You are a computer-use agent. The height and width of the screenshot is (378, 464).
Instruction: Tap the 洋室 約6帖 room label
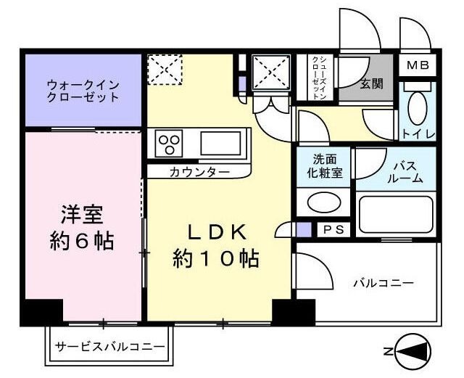pyautogui.click(x=81, y=227)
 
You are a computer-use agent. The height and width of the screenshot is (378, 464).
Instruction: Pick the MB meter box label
pyautogui.click(x=417, y=66)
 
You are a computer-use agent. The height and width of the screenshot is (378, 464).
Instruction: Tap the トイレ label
pyautogui.click(x=418, y=135)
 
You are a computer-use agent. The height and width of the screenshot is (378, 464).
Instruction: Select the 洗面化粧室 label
pyautogui.click(x=323, y=166)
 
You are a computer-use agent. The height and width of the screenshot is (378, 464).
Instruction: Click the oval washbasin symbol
pyautogui.click(x=322, y=202)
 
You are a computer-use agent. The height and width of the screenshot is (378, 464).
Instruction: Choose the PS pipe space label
pyautogui.click(x=333, y=230)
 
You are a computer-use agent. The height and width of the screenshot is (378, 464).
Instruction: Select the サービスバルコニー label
pyautogui.click(x=110, y=347)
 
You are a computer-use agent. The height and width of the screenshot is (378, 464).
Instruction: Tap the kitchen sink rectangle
pyautogui.click(x=225, y=142)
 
